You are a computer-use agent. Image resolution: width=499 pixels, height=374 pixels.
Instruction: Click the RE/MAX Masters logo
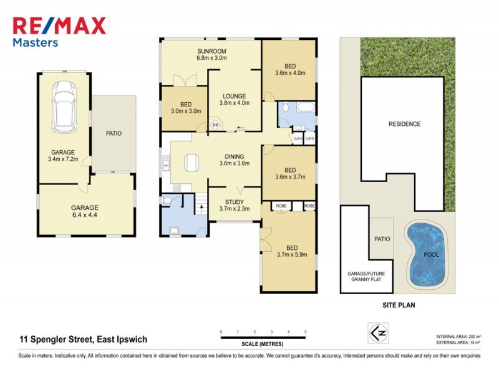tap(59, 31)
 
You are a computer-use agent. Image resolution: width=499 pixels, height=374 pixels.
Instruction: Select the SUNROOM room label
tap(211, 54)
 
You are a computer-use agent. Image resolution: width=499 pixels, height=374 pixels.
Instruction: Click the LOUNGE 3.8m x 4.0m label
tap(233, 99)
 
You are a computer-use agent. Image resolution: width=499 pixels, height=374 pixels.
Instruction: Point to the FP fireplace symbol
tap(216, 125)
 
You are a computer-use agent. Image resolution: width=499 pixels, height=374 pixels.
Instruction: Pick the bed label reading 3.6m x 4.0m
tap(290, 69)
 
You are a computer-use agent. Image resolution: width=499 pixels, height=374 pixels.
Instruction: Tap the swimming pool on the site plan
tap(427, 252)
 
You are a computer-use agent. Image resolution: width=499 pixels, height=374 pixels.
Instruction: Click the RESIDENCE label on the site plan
tap(404, 124)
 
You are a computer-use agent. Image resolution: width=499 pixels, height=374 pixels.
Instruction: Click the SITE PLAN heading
tap(398, 305)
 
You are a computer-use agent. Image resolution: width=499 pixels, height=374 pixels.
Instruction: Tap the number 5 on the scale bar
tap(305, 332)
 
